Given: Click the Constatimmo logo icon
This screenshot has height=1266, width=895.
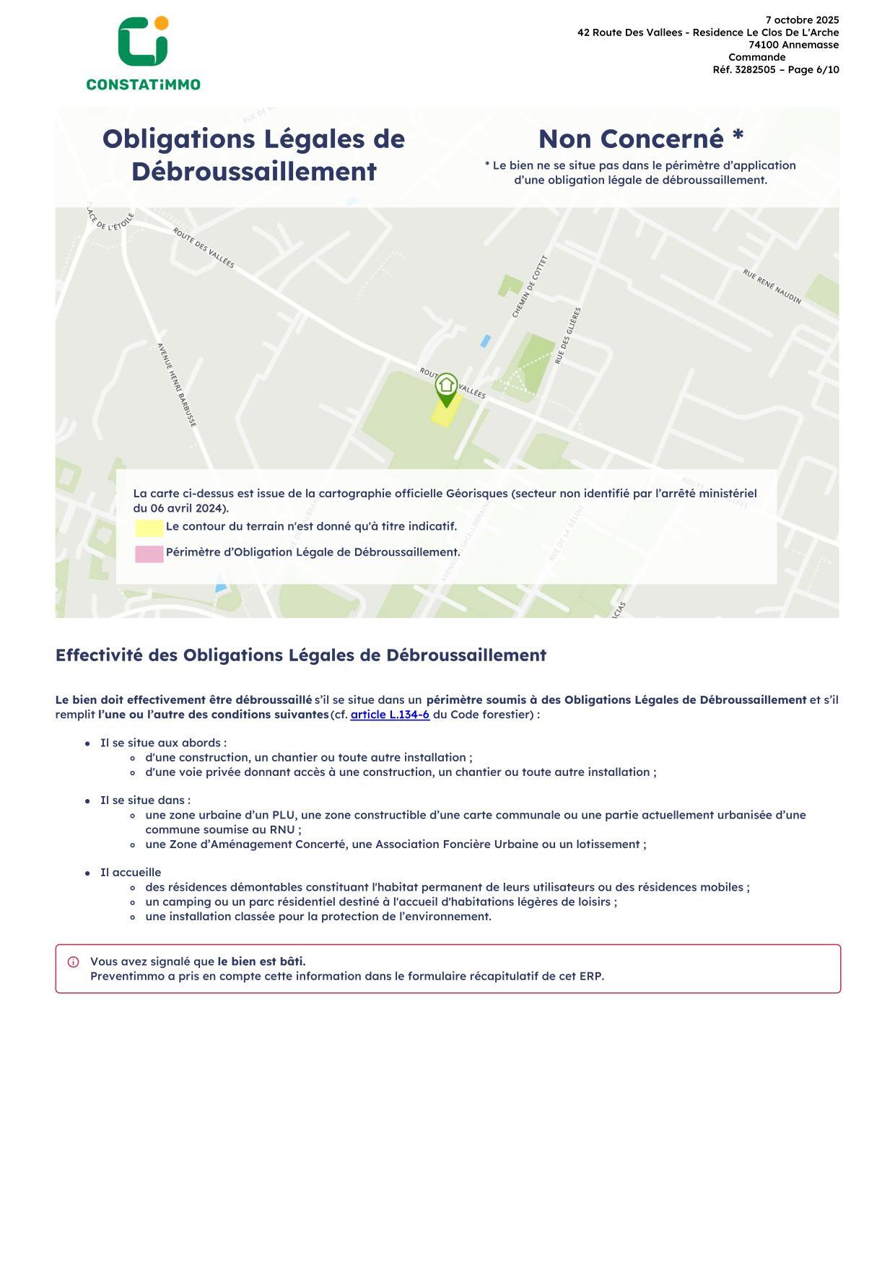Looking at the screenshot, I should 143,42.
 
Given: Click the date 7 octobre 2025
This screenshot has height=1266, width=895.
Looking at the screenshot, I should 802,20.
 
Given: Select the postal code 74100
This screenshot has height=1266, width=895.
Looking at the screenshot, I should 764,45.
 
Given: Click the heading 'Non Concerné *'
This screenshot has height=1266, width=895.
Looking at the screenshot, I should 640,139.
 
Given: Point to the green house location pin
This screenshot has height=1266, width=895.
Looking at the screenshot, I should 446,388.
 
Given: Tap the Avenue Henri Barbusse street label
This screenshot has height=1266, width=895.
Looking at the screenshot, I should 177,385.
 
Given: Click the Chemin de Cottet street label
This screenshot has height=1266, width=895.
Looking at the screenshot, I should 530,287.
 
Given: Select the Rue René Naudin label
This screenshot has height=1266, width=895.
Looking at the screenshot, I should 772,287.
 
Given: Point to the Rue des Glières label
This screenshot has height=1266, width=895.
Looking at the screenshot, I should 567,336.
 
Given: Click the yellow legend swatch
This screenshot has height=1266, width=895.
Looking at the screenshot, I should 149,528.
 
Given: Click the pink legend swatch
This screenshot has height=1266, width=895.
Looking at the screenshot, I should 149,554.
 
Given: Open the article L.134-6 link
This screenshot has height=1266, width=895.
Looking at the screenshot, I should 390,715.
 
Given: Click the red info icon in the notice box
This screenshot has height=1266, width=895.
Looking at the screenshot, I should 74,962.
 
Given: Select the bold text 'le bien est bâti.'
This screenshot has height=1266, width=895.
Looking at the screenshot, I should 261,961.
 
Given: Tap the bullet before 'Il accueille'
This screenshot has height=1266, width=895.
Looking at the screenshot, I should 87,873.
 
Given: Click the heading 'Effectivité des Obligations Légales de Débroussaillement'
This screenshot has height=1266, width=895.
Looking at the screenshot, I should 300,655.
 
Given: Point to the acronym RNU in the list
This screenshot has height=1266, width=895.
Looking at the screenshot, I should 282,829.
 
